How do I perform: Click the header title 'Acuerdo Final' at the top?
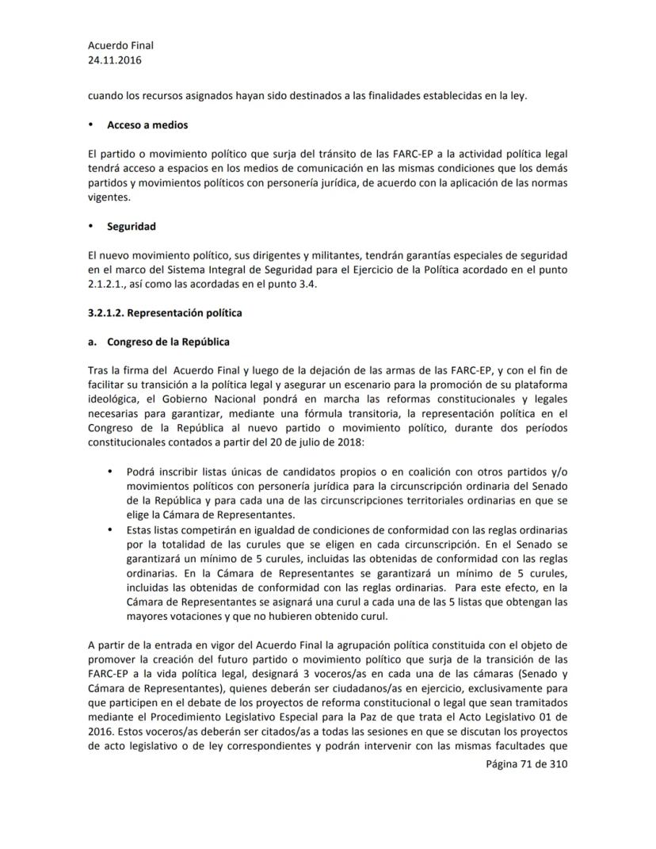(120, 46)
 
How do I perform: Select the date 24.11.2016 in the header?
(116, 59)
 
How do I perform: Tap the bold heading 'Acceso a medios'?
(147, 125)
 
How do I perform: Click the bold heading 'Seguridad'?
(132, 227)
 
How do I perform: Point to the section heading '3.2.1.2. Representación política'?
(165, 313)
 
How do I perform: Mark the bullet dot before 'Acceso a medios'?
(92, 125)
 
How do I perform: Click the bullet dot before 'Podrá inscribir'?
(110, 472)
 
